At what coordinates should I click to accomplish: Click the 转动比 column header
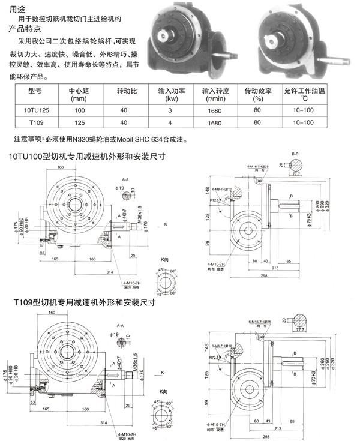pos(127,91)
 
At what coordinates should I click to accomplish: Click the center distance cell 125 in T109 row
pos(79,122)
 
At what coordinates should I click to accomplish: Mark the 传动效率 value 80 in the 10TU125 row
pos(257,111)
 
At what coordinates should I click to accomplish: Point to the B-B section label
pos(295,154)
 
